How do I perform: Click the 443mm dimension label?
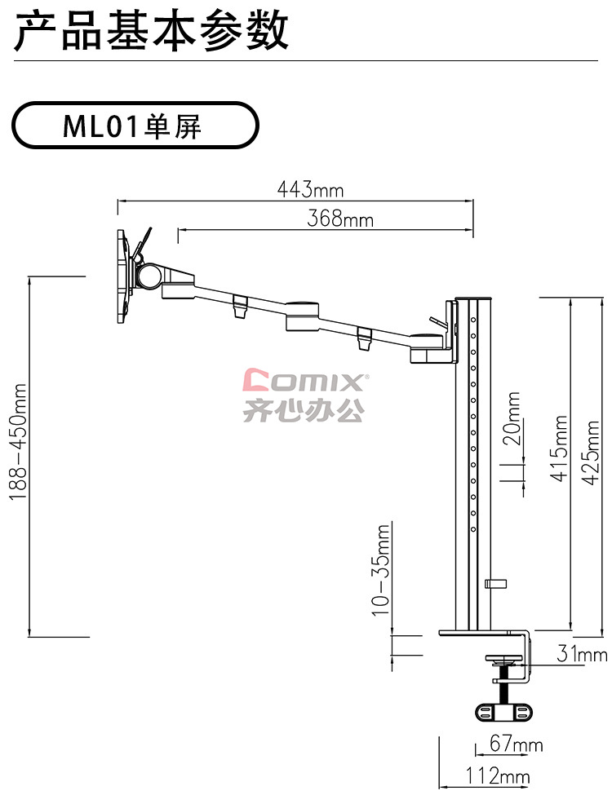pyautogui.click(x=310, y=190)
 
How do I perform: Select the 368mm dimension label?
pyautogui.click(x=339, y=219)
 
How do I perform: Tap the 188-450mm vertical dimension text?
pyautogui.click(x=18, y=442)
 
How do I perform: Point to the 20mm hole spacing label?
pyautogui.click(x=512, y=418)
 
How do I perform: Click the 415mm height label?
pyautogui.click(x=559, y=449)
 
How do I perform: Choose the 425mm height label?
pyautogui.click(x=591, y=453)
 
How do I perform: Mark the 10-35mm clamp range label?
pyautogui.click(x=381, y=570)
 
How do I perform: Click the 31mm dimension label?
pyautogui.click(x=582, y=654)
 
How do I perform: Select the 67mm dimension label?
pyautogui.click(x=516, y=744)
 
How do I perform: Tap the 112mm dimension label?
pyautogui.click(x=498, y=776)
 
